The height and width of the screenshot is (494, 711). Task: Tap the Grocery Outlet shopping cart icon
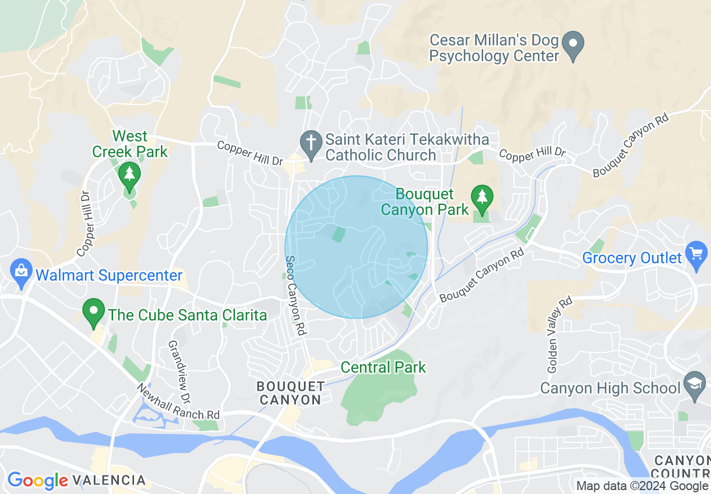pyautogui.click(x=696, y=255)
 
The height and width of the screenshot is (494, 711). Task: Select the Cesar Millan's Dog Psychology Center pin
pyautogui.click(x=573, y=45)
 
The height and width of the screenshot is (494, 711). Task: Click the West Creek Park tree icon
pyautogui.click(x=130, y=175)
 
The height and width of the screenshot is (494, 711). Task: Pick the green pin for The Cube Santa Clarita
pyautogui.click(x=94, y=312)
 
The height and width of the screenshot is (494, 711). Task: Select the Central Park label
pyautogui.click(x=383, y=368)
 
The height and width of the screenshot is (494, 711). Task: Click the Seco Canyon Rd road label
pyautogui.click(x=296, y=296)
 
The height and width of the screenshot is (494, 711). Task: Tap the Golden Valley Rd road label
pyautogui.click(x=560, y=335)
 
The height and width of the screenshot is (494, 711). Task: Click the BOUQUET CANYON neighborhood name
pyautogui.click(x=290, y=393)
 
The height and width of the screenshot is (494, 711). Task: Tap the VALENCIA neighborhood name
pyautogui.click(x=109, y=481)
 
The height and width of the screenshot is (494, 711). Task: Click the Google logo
pyautogui.click(x=37, y=481)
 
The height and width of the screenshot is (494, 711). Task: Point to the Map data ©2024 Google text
pyautogui.click(x=643, y=486)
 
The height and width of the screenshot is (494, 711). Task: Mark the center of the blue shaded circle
pyautogui.click(x=356, y=247)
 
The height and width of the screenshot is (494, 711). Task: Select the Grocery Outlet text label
pyautogui.click(x=632, y=258)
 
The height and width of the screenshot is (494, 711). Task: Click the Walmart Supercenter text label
pyautogui.click(x=109, y=276)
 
